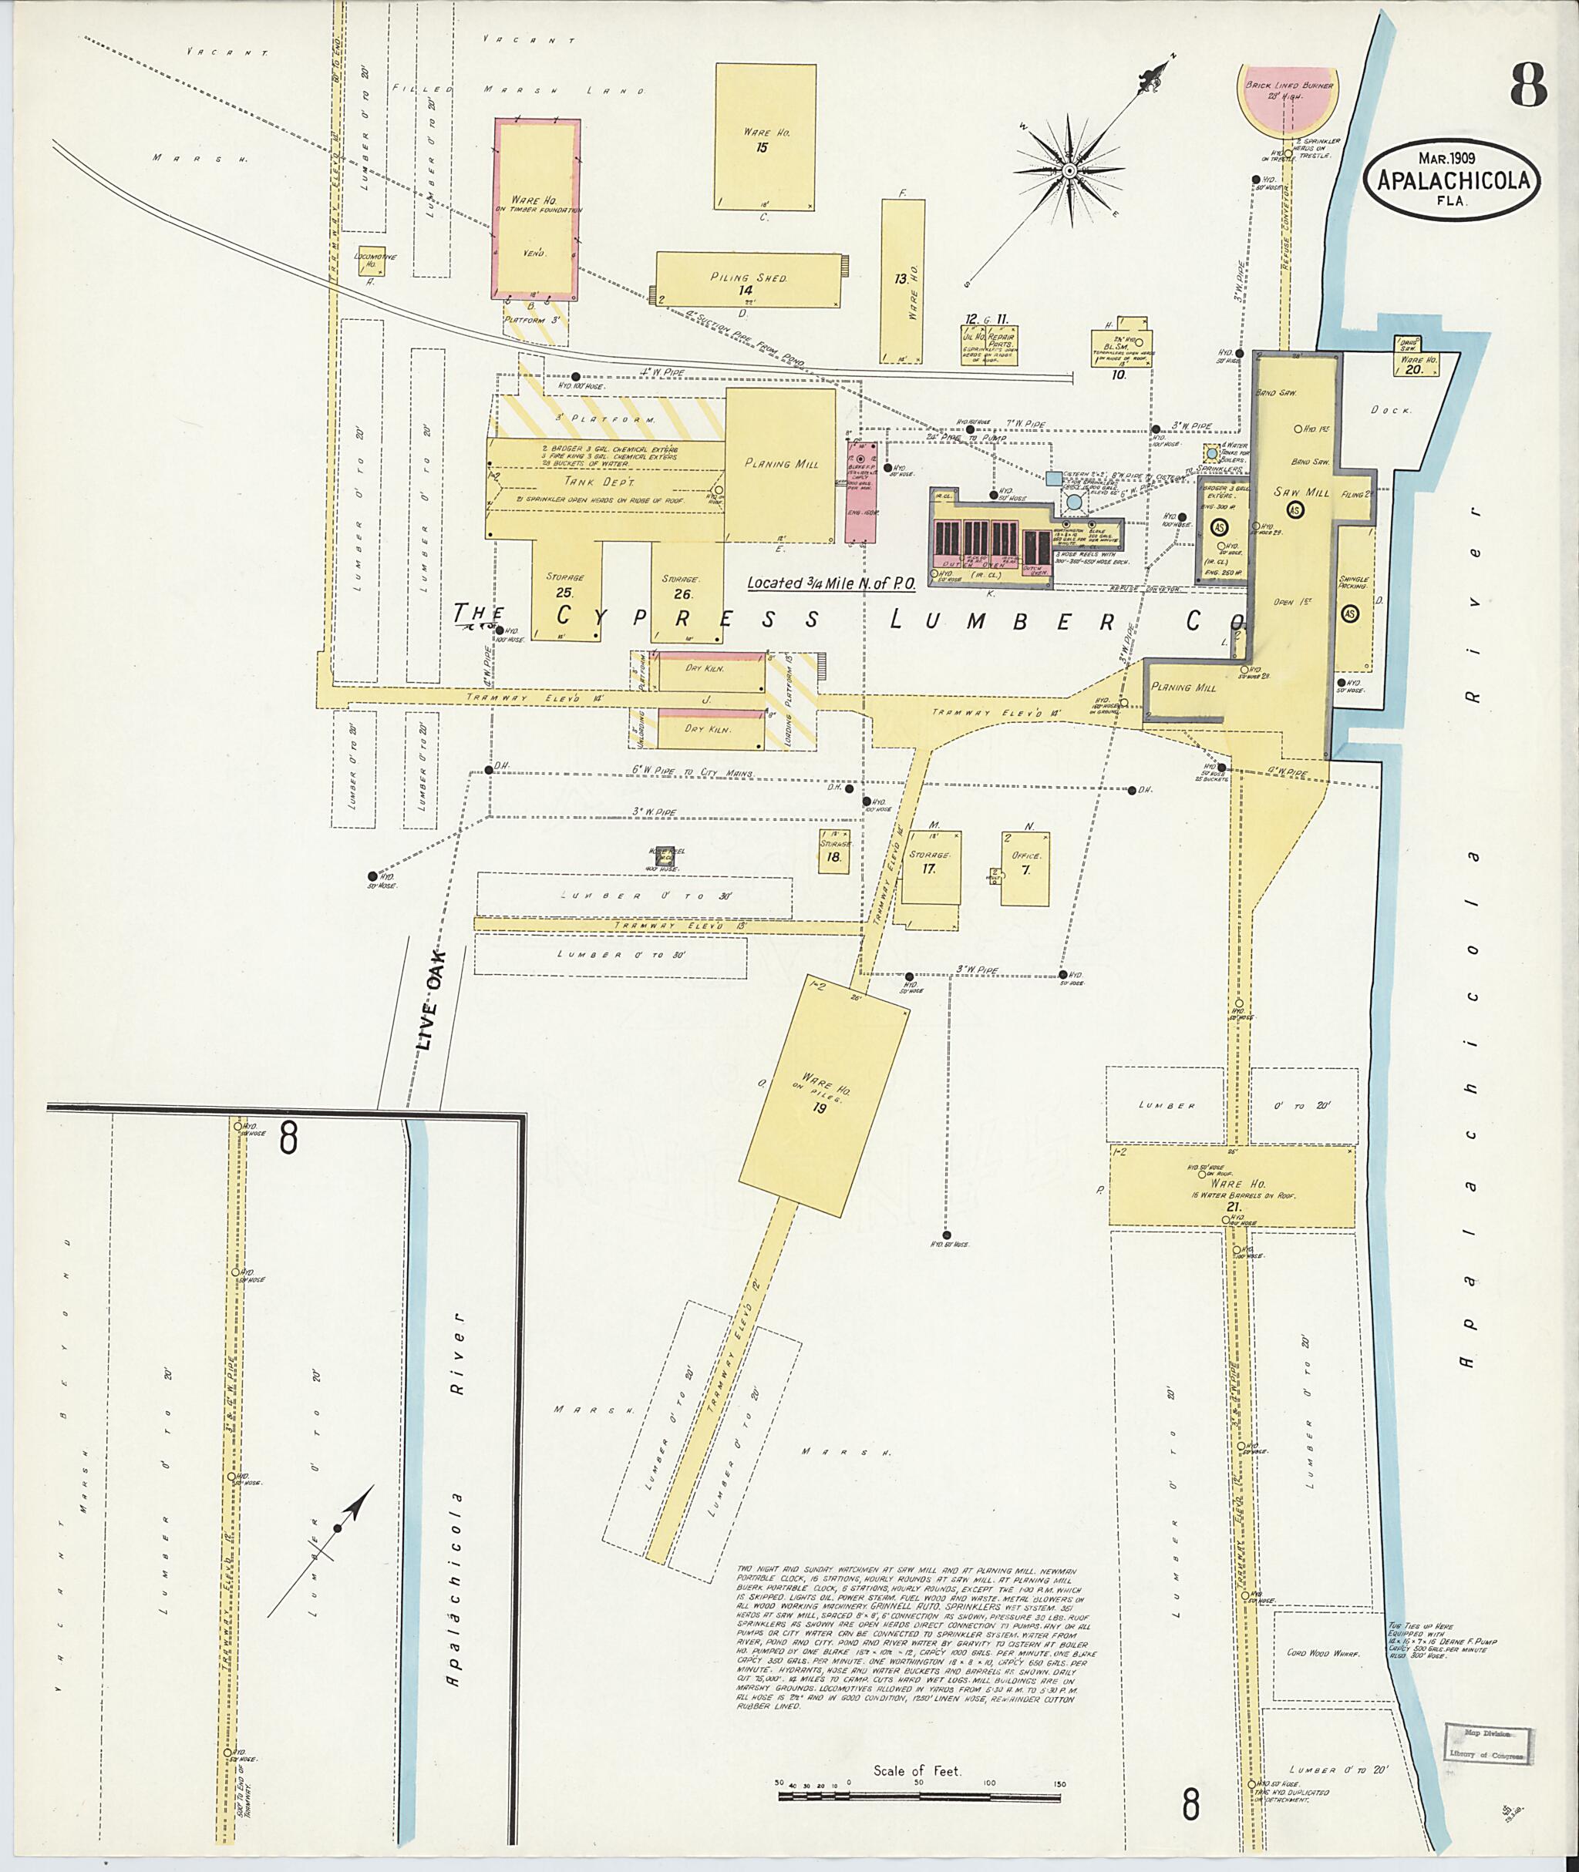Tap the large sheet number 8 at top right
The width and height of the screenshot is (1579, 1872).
coord(1528,87)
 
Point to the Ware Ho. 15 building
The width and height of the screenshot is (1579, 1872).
coord(766,137)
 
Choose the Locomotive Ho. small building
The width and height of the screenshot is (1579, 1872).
coord(372,260)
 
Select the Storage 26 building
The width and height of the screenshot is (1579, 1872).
coord(685,591)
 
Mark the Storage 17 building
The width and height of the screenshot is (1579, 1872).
coord(931,866)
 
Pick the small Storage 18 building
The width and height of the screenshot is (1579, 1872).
coord(834,851)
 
